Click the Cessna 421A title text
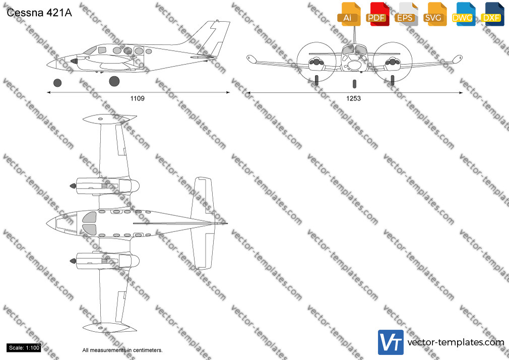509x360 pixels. [39, 13]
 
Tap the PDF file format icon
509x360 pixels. [377, 14]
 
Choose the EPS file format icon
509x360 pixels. [406, 14]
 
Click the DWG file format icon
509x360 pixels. [464, 14]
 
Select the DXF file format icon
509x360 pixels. [492, 14]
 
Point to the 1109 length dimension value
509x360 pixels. [137, 98]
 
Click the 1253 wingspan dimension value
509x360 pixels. [353, 98]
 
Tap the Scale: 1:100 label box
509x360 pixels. [24, 348]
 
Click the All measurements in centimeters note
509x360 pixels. [122, 350]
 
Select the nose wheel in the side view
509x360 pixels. [57, 83]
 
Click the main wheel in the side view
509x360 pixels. [114, 81]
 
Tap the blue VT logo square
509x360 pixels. [391, 342]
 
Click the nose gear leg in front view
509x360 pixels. [354, 84]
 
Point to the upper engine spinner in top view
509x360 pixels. [73, 186]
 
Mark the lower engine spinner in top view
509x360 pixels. [73, 261]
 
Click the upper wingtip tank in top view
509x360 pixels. [109, 118]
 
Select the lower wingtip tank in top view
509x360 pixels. [109, 328]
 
